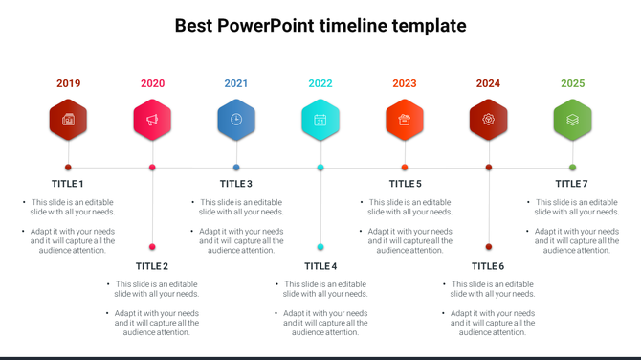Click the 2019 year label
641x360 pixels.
(x=68, y=83)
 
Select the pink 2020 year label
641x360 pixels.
(x=152, y=83)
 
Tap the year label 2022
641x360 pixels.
(x=320, y=83)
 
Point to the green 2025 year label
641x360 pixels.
(x=572, y=83)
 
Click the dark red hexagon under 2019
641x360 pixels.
(x=68, y=120)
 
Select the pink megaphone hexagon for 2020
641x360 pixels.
(x=152, y=120)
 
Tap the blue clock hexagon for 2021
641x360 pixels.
(x=236, y=120)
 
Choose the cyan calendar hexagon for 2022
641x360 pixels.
(x=320, y=120)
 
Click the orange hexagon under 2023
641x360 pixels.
(x=405, y=120)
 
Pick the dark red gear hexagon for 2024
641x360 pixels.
(x=489, y=120)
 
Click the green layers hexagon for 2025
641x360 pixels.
(x=572, y=120)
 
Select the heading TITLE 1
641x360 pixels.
(x=68, y=184)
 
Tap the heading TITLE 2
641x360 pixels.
(x=152, y=266)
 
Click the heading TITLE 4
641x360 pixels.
(x=320, y=266)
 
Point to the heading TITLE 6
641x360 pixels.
(x=488, y=266)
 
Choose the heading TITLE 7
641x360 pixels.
(x=571, y=184)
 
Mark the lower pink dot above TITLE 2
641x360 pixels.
(x=152, y=247)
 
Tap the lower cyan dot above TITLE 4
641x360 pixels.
(x=320, y=247)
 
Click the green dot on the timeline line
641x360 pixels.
(x=572, y=168)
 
